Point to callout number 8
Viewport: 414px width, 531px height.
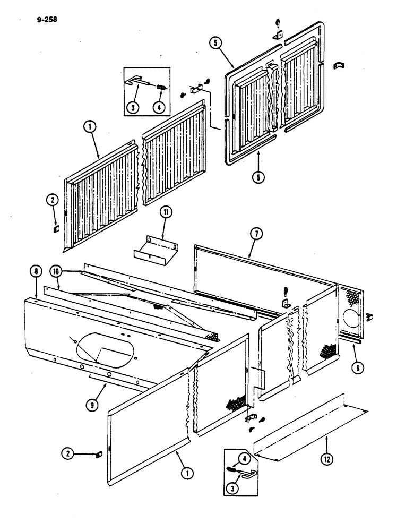pyautogui.click(x=36, y=272)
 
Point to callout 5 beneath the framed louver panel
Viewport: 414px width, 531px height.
pyautogui.click(x=258, y=177)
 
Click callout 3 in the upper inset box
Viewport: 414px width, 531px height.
pyautogui.click(x=133, y=106)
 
